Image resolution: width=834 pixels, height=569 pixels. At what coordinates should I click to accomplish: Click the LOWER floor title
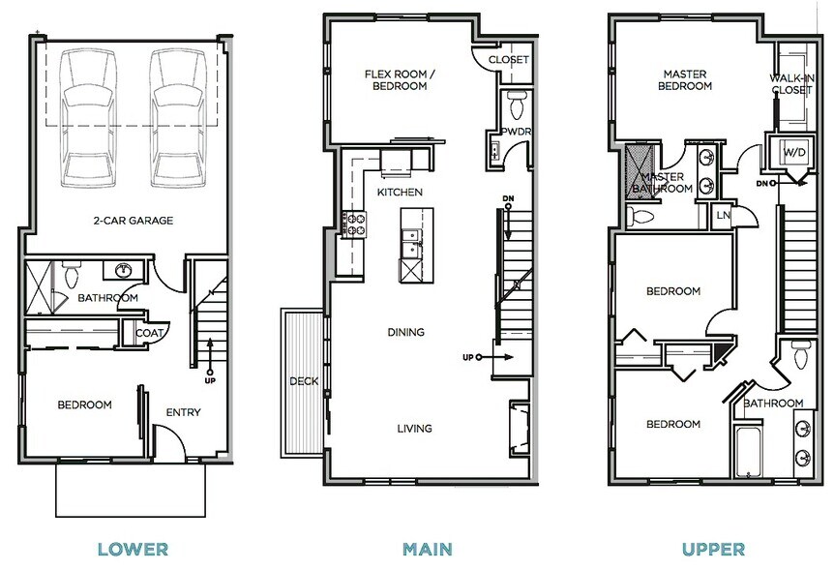pyautogui.click(x=133, y=549)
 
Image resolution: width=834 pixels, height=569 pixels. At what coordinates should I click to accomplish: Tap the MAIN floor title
pyautogui.click(x=427, y=549)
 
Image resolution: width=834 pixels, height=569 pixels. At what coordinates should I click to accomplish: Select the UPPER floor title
pyautogui.click(x=713, y=549)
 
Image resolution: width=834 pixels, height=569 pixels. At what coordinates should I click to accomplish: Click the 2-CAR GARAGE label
pyautogui.click(x=134, y=221)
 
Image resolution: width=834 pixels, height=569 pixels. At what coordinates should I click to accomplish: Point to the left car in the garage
pyautogui.click(x=88, y=118)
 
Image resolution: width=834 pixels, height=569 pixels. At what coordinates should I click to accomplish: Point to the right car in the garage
pyautogui.click(x=178, y=118)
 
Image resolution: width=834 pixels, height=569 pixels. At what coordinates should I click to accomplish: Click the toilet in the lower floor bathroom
pyautogui.click(x=71, y=274)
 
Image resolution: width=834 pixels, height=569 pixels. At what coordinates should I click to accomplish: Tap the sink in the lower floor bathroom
pyautogui.click(x=125, y=271)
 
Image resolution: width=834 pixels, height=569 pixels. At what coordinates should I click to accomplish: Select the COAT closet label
pyautogui.click(x=149, y=334)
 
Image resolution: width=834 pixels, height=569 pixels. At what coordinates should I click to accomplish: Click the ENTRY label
pyautogui.click(x=183, y=412)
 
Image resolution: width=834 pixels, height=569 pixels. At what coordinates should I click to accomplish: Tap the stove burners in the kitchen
pyautogui.click(x=355, y=224)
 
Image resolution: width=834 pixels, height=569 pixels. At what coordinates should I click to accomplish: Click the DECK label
pyautogui.click(x=304, y=381)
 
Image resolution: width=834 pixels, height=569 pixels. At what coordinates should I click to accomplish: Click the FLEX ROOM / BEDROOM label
pyautogui.click(x=400, y=79)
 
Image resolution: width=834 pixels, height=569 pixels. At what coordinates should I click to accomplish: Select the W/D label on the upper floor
pyautogui.click(x=794, y=153)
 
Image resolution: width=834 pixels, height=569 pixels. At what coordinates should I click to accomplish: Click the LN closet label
pyautogui.click(x=724, y=216)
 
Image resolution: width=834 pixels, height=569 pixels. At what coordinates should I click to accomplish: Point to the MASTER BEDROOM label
pyautogui.click(x=685, y=79)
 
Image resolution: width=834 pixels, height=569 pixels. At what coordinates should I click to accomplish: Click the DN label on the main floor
pyautogui.click(x=508, y=199)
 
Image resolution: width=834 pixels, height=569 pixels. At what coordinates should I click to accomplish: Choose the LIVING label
pyautogui.click(x=414, y=428)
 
